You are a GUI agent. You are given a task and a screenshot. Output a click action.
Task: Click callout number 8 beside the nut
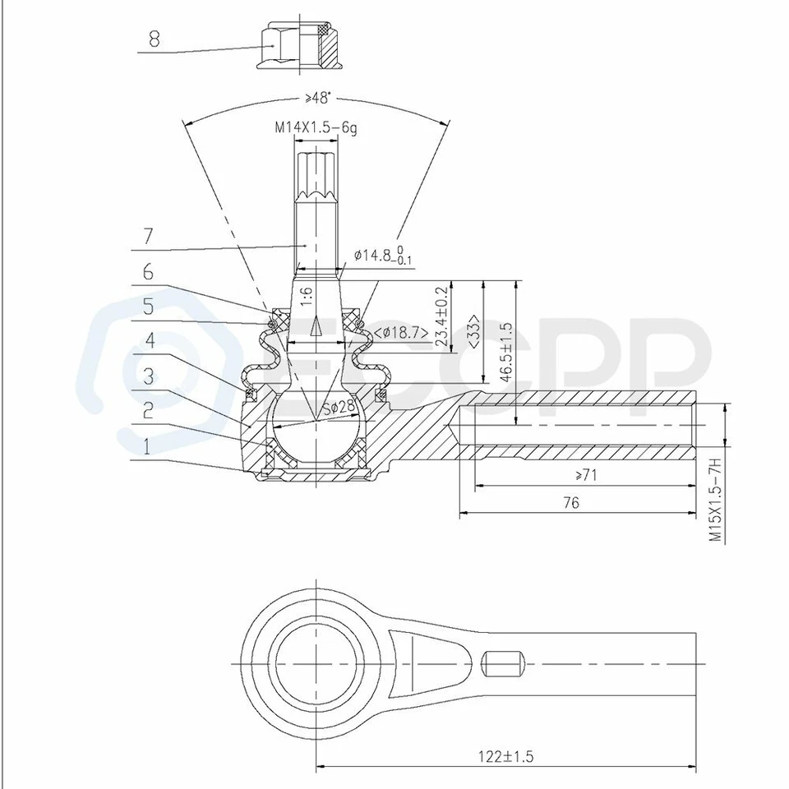point(154,38)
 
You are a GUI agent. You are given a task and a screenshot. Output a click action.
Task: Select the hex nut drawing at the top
point(299,46)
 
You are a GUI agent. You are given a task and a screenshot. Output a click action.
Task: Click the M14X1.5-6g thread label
point(316,128)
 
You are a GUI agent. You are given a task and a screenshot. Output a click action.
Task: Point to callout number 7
point(147,236)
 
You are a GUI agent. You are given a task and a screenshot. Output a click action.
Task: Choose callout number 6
point(147,271)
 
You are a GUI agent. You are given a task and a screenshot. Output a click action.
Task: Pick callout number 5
point(147,307)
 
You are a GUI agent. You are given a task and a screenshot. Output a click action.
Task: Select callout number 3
point(147,376)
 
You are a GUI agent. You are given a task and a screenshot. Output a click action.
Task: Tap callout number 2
point(147,410)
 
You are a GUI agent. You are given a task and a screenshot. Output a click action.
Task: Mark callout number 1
point(147,446)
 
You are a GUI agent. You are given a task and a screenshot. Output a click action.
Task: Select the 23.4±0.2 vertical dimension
point(443,318)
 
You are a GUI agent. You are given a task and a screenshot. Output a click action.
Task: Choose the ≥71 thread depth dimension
point(586,474)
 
